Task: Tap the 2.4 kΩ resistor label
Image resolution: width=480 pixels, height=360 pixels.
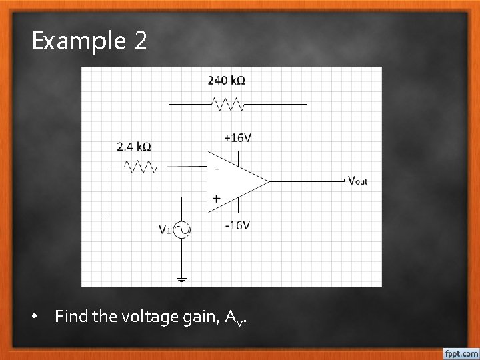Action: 133,147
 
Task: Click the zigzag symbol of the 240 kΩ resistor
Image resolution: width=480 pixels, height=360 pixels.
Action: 228,104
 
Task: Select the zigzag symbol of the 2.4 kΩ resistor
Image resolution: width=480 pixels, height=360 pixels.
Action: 138,166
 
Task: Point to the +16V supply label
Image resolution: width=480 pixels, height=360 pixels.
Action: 238,138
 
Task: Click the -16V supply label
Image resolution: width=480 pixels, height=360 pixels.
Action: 237,225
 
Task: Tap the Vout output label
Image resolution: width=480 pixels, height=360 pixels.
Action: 357,180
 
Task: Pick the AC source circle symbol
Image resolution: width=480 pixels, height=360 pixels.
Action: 182,231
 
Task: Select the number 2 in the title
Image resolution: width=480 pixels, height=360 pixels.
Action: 140,41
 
